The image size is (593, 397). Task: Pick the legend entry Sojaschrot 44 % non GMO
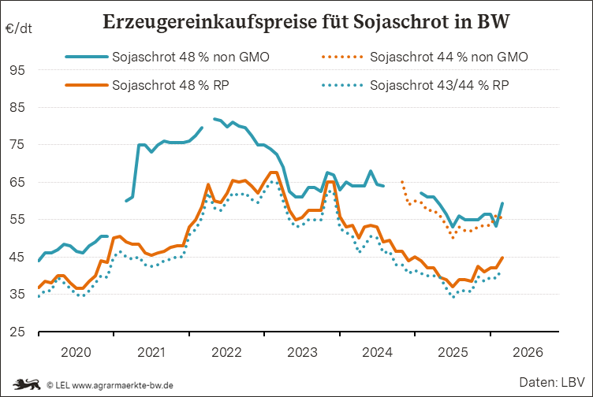(449, 57)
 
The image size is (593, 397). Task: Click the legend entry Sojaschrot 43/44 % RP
(439, 84)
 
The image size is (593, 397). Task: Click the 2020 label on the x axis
(76, 351)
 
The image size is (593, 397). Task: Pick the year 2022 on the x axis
(226, 351)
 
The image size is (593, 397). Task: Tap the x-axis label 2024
(377, 351)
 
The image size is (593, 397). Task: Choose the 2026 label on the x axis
(528, 351)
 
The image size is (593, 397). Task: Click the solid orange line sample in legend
(85, 84)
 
